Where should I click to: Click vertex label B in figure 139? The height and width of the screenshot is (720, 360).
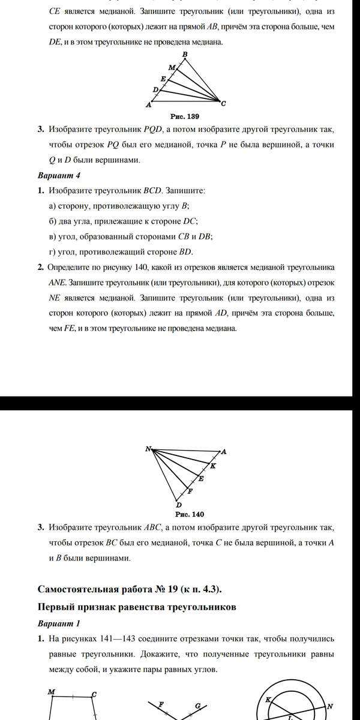[185, 55]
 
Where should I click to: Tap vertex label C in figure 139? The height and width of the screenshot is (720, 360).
[224, 103]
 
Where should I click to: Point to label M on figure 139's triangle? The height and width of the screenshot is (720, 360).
[171, 67]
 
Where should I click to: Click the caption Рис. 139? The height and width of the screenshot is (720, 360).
[185, 116]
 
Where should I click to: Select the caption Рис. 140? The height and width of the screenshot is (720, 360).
[190, 514]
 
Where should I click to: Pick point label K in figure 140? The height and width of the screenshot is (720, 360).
[213, 466]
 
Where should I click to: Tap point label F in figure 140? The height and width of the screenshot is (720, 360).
[190, 491]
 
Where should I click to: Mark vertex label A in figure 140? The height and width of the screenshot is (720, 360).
[224, 452]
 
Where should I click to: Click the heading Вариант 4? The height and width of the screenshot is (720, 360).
[59, 175]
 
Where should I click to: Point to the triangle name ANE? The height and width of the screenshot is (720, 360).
[58, 281]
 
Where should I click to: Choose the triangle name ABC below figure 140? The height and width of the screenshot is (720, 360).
[153, 528]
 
